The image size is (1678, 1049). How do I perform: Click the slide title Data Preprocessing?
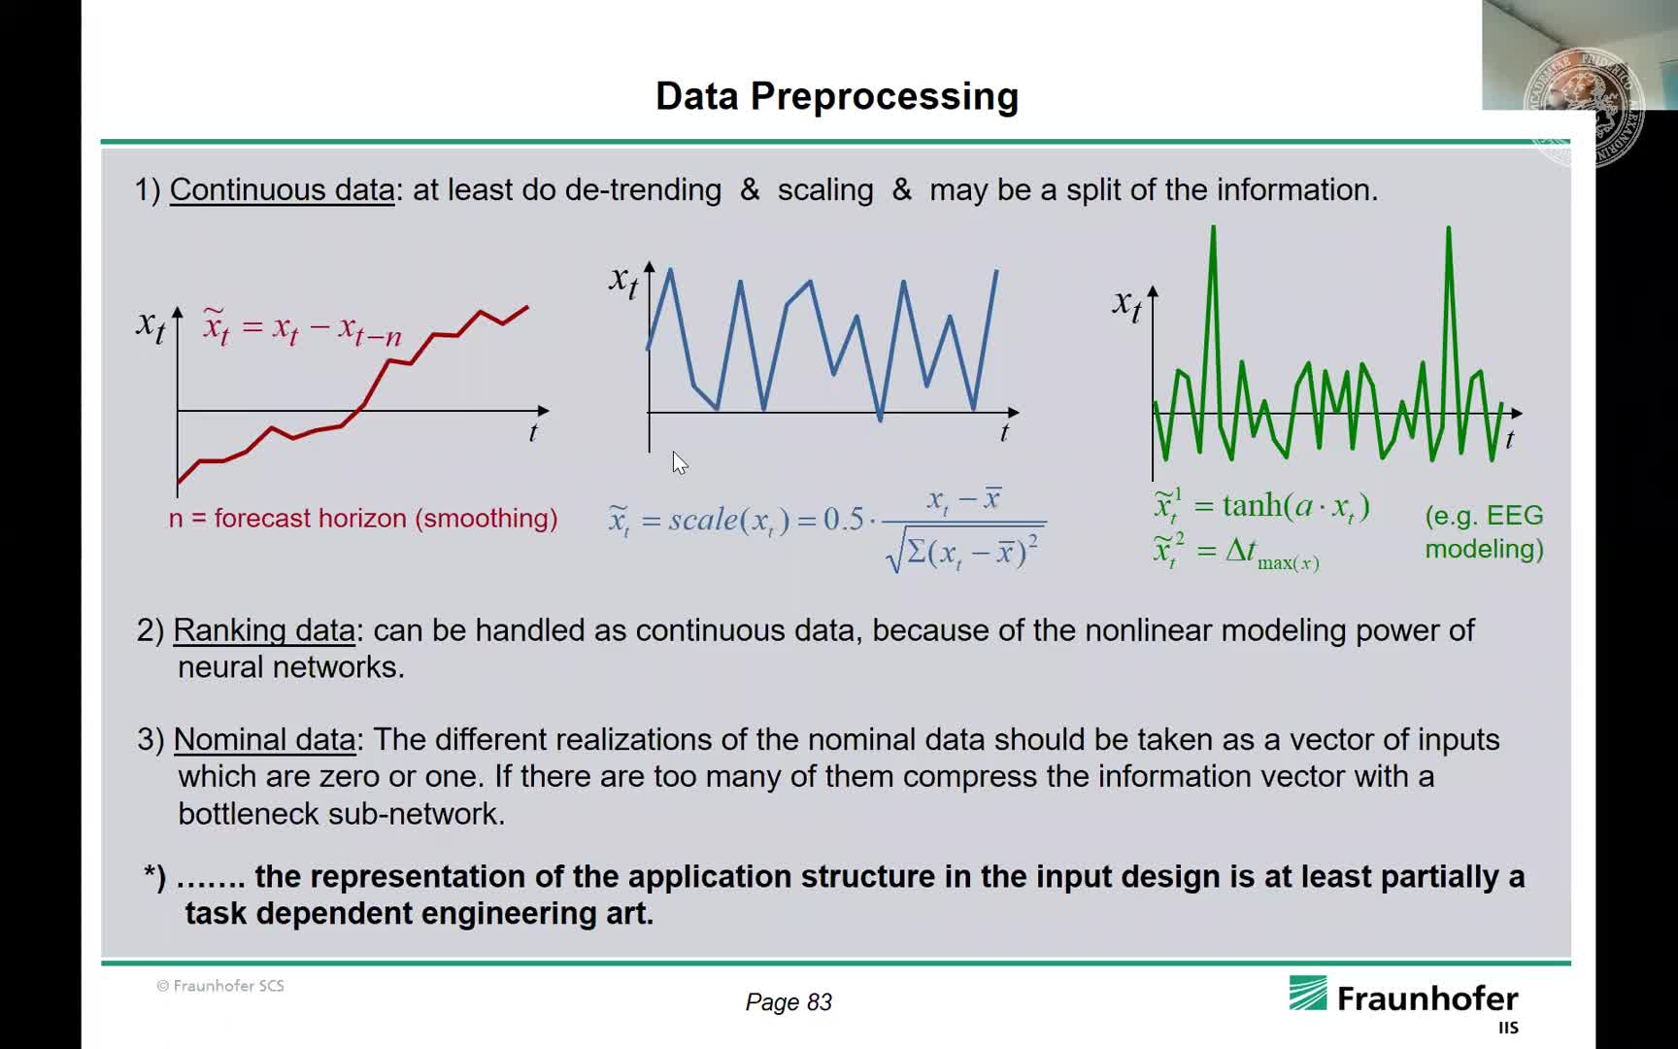coord(837,96)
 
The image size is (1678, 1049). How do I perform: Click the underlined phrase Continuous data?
coord(282,189)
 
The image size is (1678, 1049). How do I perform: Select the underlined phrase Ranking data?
coord(264,630)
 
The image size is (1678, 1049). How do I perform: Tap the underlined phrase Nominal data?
coord(264,740)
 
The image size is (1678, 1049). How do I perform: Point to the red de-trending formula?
coord(302,327)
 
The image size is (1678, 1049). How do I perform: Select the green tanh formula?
coord(1261,507)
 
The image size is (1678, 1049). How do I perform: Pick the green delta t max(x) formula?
coord(1236,552)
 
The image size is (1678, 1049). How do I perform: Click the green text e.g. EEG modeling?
coord(1484,532)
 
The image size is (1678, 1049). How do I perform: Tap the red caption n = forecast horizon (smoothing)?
coord(363,519)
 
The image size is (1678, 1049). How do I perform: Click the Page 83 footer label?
coord(789,1002)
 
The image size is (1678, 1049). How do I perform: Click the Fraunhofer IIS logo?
coord(1404,1004)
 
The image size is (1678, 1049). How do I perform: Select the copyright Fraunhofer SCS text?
coord(220,986)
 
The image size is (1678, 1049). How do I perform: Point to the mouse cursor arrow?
coord(680,463)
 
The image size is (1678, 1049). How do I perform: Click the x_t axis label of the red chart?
coord(151,324)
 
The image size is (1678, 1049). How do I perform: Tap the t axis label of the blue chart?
coord(1004,432)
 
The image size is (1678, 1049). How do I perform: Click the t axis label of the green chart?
coord(1510,439)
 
